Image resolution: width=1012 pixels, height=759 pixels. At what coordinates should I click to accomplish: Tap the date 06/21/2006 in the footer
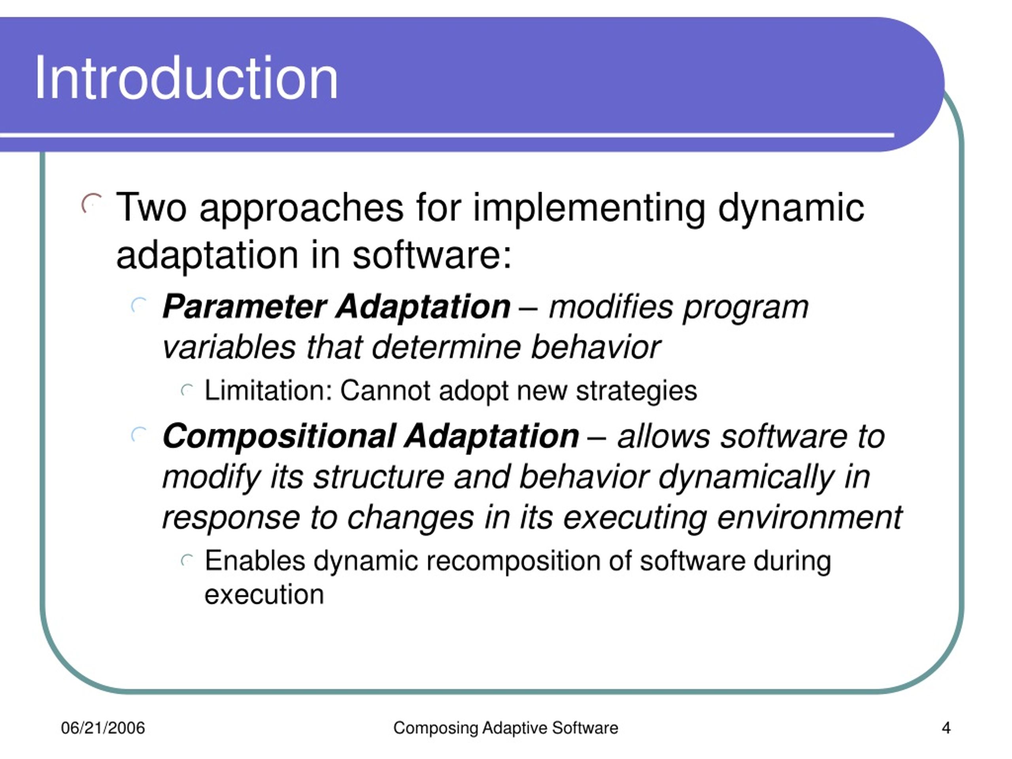tap(103, 728)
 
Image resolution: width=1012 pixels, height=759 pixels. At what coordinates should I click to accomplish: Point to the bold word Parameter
tap(245, 306)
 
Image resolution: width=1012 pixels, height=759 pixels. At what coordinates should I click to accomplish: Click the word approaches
tap(302, 210)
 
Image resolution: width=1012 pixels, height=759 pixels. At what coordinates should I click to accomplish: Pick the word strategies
tap(636, 392)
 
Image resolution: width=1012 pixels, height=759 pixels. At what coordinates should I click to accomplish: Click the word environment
tap(810, 517)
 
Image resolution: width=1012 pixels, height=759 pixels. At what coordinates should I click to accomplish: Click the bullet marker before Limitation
tap(187, 390)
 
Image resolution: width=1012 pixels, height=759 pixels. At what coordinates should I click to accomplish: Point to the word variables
tap(229, 347)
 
